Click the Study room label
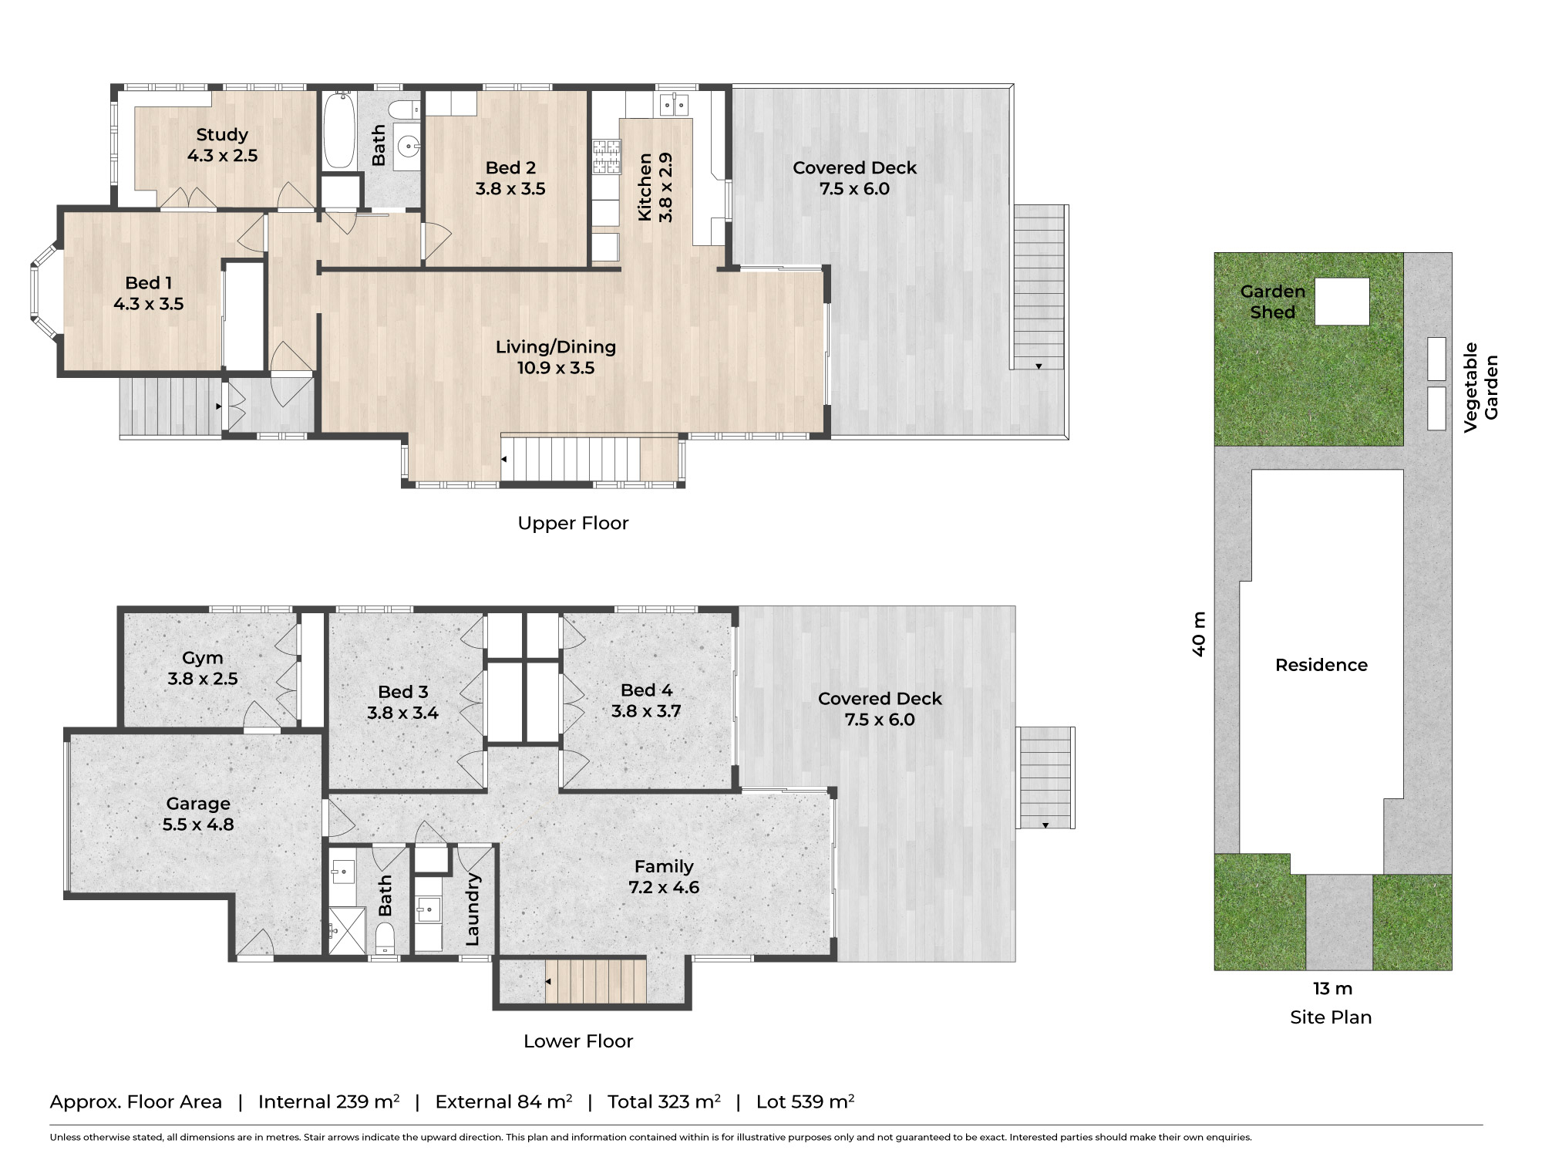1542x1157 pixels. [222, 135]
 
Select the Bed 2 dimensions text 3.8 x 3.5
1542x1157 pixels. [510, 189]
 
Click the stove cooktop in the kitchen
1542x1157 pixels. [607, 157]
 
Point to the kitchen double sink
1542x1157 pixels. [675, 104]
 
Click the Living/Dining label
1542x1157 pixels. [555, 347]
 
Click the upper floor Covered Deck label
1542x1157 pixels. [854, 168]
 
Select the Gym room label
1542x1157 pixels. [203, 658]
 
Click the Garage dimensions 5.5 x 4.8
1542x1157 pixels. [198, 825]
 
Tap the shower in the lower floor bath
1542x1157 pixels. [348, 932]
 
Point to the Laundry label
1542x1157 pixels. [473, 909]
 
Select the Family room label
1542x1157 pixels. [664, 867]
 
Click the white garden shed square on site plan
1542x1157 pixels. [1342, 302]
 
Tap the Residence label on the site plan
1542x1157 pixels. [1321, 665]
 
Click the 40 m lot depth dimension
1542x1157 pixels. [1199, 634]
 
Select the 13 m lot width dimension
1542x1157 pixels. [1332, 989]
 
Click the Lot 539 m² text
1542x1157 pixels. [805, 1101]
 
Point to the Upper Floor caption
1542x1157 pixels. [573, 523]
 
